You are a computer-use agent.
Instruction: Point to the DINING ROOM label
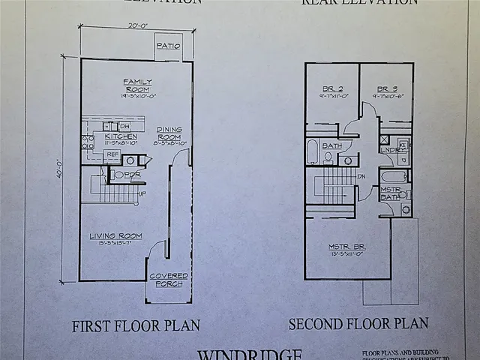(169, 133)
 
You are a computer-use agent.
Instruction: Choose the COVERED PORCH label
(169, 280)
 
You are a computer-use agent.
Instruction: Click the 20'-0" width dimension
(138, 26)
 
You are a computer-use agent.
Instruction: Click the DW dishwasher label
(124, 126)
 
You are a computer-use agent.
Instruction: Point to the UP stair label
(142, 193)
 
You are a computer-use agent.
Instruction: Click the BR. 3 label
(387, 88)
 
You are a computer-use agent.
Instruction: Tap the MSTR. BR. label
(346, 247)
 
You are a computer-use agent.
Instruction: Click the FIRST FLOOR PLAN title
(136, 326)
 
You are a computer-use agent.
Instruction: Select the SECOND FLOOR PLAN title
(358, 324)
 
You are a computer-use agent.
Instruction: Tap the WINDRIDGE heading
(250, 353)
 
